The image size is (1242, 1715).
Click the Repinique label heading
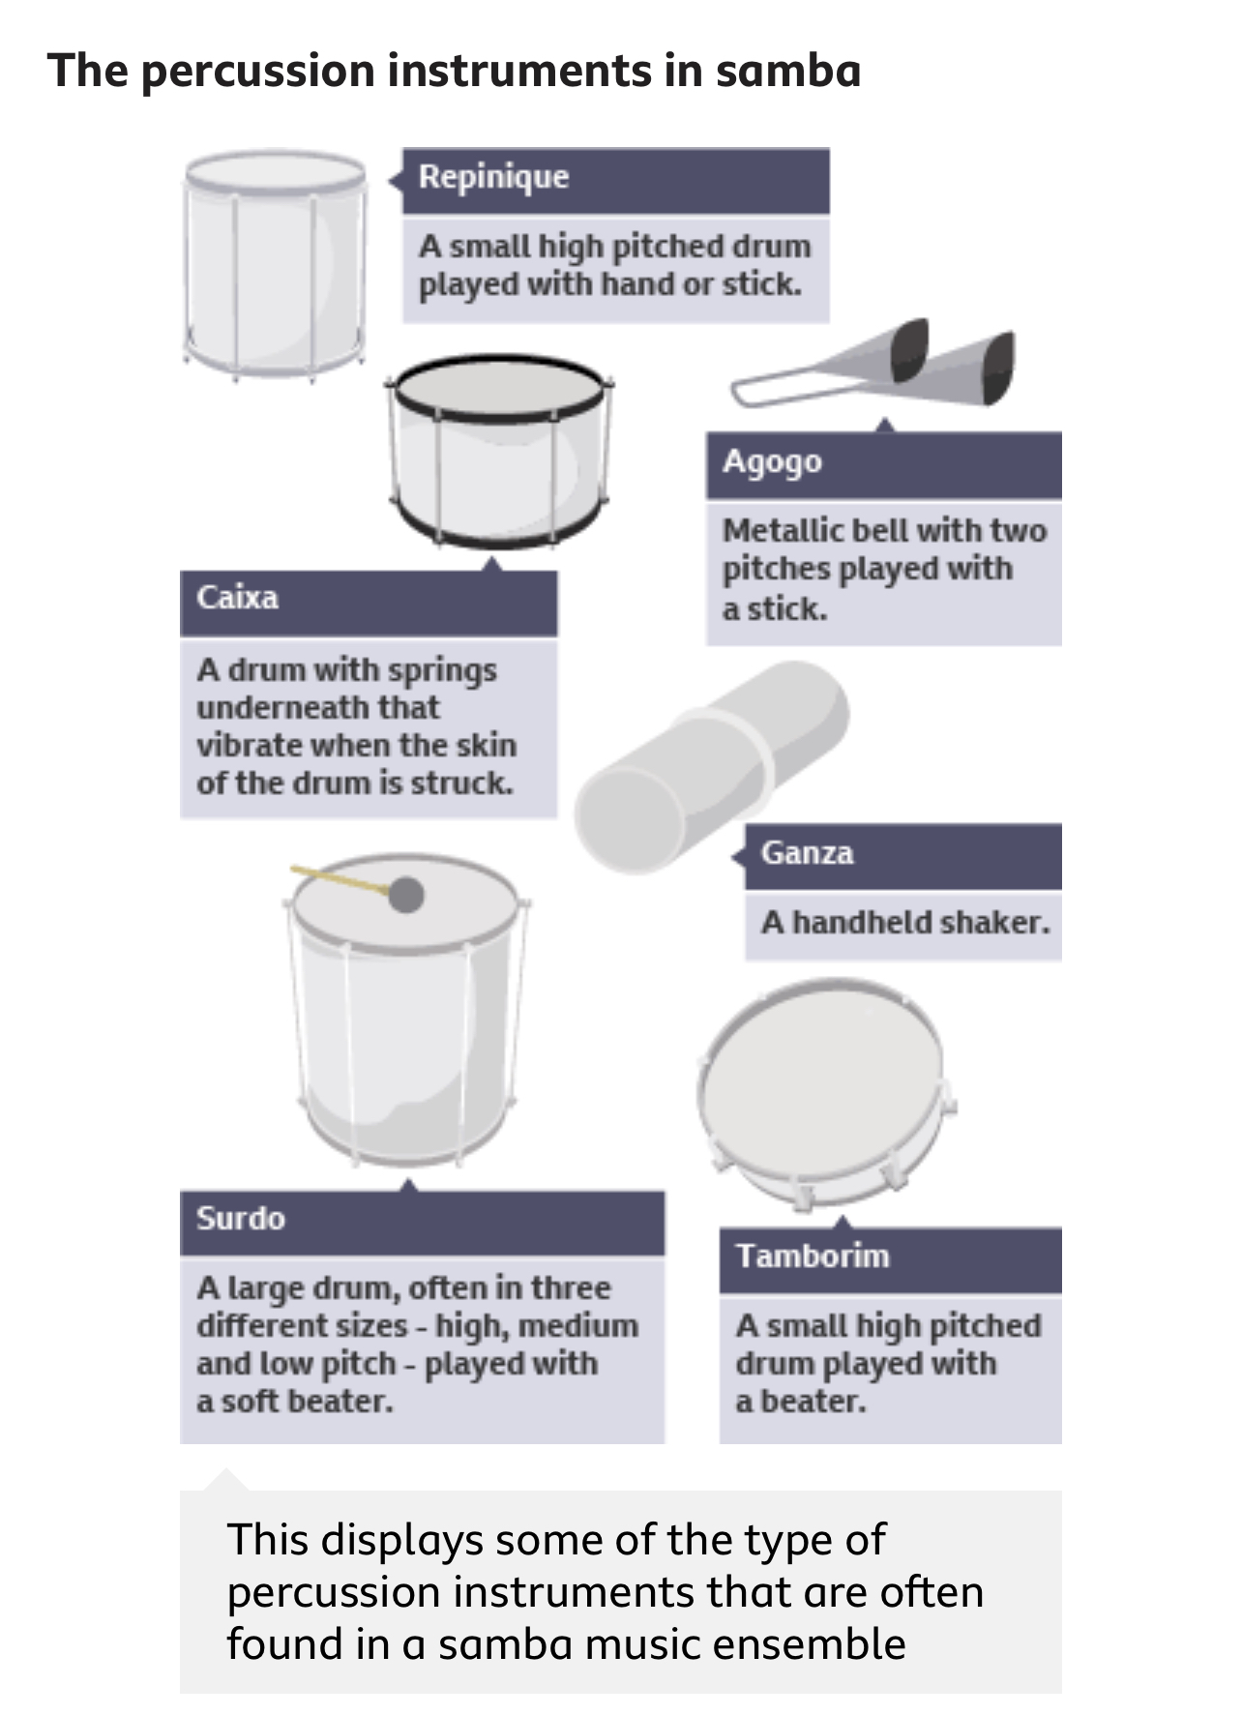tap(493, 177)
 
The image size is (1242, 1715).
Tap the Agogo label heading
tap(772, 462)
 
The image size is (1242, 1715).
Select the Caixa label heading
tap(237, 597)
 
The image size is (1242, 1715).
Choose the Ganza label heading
tap(807, 852)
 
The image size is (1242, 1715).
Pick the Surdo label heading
tap(241, 1218)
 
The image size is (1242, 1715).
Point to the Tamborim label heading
tap(813, 1256)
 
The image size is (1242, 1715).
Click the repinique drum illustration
tap(276, 264)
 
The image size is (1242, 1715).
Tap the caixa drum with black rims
tap(499, 451)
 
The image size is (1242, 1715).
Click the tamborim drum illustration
tap(824, 1092)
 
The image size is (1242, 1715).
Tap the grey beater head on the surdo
tap(406, 895)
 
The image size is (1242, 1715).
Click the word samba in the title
tap(788, 72)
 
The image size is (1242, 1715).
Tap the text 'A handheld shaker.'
tap(905, 922)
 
